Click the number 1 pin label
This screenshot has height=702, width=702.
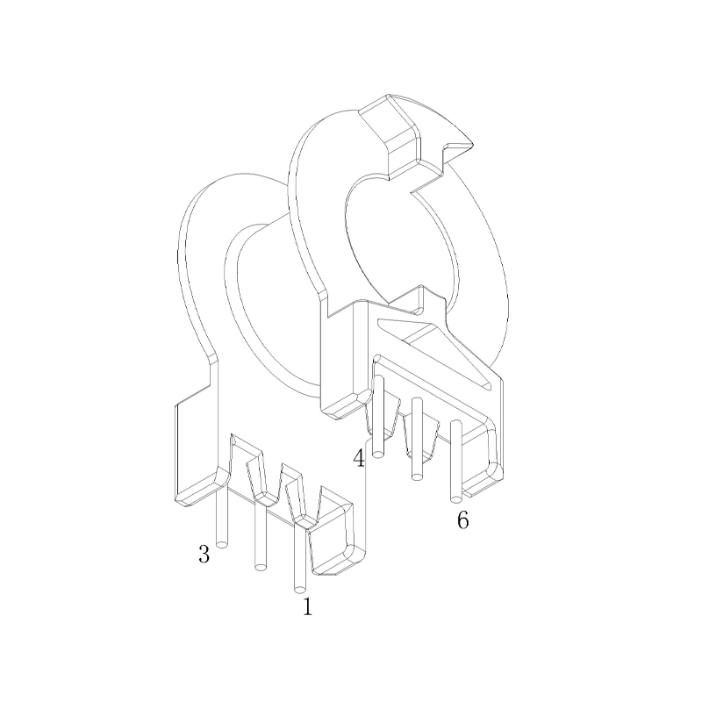coord(307,605)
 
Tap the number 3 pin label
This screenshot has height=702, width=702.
coord(204,555)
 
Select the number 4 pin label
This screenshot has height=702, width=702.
coord(359,458)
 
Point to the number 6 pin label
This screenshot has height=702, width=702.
coord(462,520)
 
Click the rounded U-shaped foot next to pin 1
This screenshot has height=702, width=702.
coord(333,540)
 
